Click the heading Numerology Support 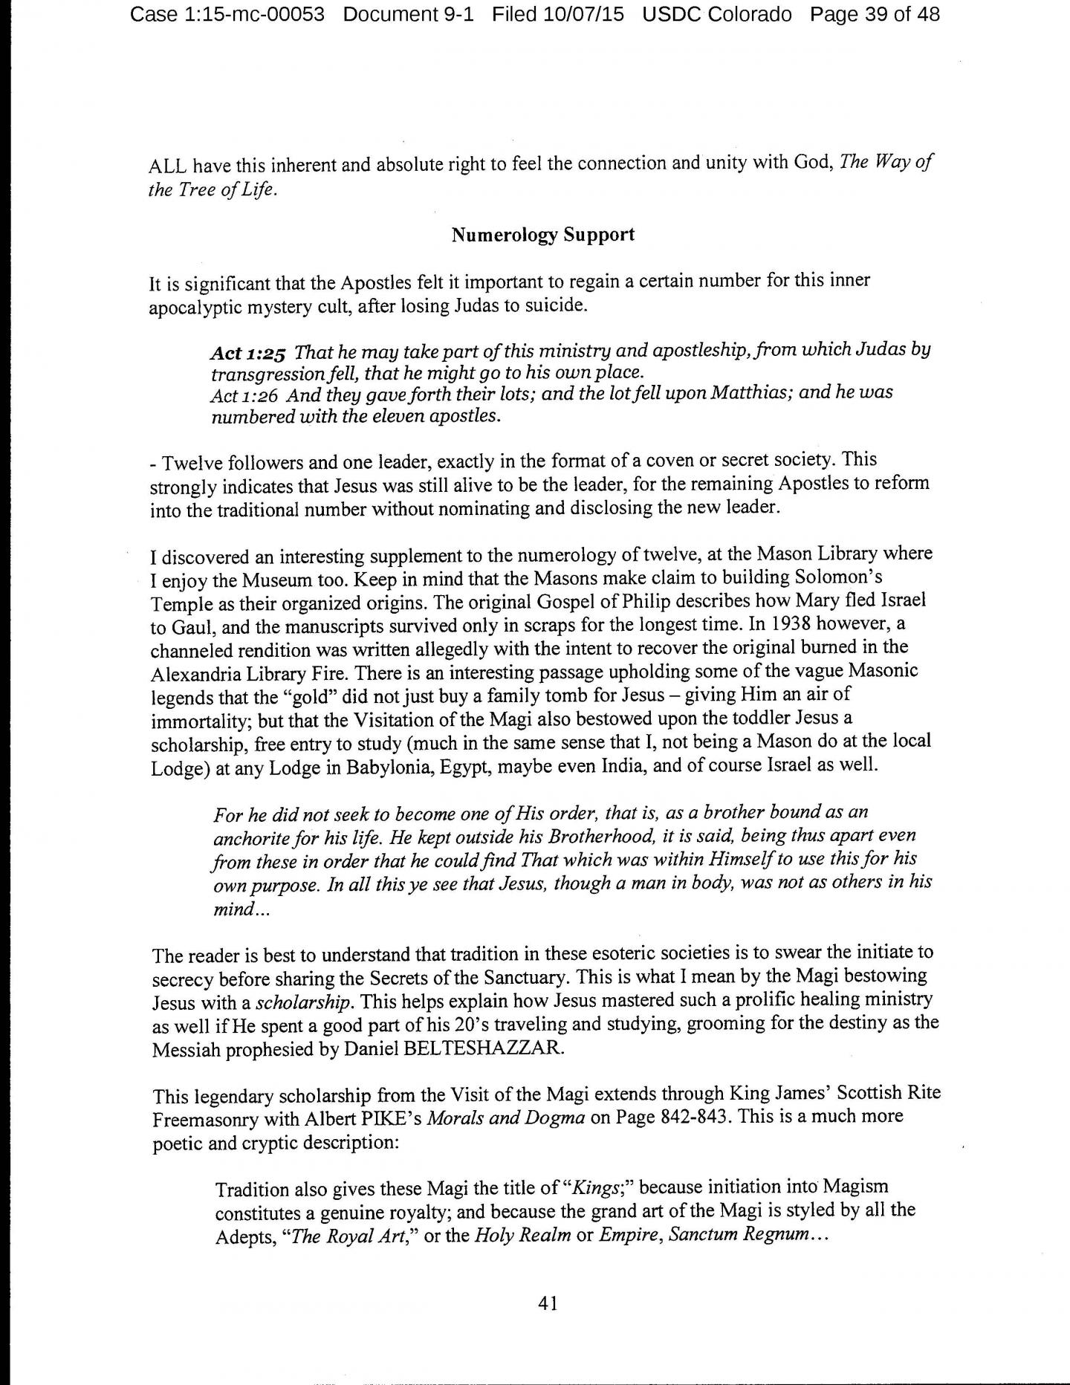[x=542, y=235]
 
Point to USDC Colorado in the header [x=718, y=13]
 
